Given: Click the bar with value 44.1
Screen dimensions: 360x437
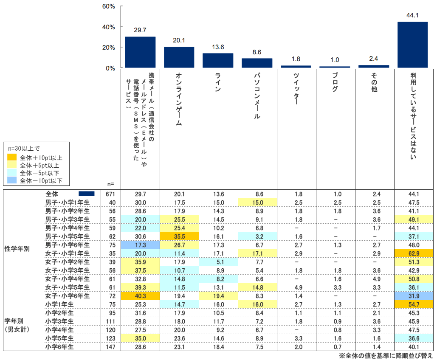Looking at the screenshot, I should (412, 45).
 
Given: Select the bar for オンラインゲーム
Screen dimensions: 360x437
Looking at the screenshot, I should (179, 57).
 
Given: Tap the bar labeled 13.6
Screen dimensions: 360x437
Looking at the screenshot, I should (218, 60).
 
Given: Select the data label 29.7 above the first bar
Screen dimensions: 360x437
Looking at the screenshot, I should (140, 30).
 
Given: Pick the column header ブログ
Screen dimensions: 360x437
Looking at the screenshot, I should (335, 83).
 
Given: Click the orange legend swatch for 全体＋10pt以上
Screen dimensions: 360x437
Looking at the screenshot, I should (12, 157).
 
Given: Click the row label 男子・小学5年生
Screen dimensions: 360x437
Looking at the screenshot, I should (68, 236).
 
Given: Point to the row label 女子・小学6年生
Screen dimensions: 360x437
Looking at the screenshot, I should (68, 295).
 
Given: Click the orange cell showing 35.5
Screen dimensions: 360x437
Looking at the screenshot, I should (179, 236).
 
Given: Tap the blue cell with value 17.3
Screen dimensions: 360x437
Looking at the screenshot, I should (140, 245).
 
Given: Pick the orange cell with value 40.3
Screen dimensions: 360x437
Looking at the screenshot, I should (140, 295).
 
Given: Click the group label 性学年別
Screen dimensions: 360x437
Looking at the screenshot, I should (17, 249).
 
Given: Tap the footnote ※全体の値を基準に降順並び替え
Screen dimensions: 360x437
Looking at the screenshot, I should (386, 355).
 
